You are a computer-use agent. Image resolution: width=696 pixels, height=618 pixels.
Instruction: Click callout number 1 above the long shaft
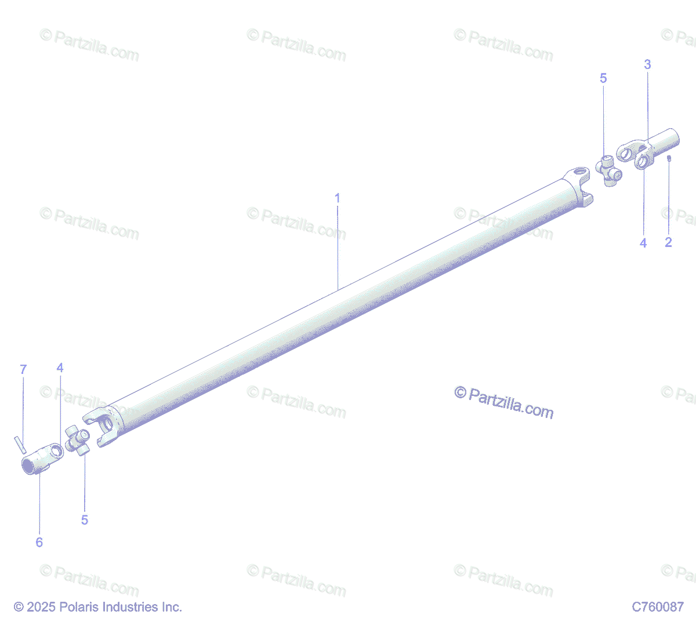click(338, 198)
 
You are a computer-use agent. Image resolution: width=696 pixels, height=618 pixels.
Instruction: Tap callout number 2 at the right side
click(668, 242)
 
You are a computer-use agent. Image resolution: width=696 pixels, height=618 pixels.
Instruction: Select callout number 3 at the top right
click(647, 64)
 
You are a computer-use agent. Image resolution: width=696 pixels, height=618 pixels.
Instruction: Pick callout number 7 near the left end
click(23, 369)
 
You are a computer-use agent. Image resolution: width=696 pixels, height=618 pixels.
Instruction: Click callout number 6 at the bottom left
click(39, 543)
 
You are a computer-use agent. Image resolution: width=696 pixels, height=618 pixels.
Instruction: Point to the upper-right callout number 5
click(603, 78)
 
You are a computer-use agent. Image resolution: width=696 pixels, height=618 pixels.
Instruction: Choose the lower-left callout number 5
click(85, 520)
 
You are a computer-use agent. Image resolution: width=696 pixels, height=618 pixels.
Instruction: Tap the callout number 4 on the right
click(643, 243)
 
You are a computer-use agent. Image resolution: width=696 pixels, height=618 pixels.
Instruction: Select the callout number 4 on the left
click(60, 368)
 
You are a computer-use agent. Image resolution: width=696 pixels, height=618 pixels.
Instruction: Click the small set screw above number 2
click(669, 158)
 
